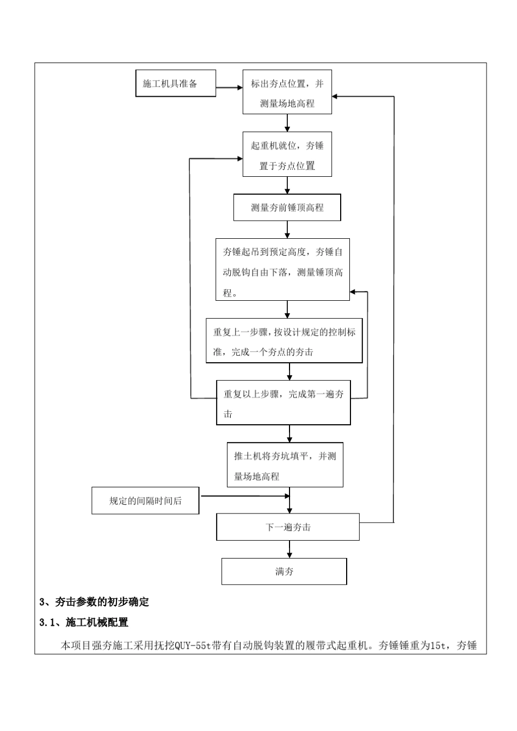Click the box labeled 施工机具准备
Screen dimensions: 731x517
click(x=175, y=83)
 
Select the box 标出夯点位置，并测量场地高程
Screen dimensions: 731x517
click(x=287, y=92)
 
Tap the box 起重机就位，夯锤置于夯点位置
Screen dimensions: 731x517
click(x=287, y=154)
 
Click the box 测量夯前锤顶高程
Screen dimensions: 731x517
click(x=287, y=208)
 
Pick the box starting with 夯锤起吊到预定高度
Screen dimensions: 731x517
click(x=282, y=270)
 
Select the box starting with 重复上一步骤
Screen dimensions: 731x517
click(x=284, y=341)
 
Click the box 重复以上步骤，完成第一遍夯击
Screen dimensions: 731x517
click(x=283, y=403)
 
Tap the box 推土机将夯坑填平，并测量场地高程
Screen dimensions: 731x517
click(x=285, y=465)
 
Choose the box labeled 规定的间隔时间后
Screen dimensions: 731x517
click(x=145, y=501)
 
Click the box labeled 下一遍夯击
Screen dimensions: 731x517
click(x=288, y=527)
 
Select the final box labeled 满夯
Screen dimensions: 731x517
click(x=284, y=572)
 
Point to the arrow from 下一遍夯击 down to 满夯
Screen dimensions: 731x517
click(x=290, y=549)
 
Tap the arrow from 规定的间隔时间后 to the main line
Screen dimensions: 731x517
click(x=245, y=496)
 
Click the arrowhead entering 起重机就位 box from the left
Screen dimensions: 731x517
click(x=239, y=159)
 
